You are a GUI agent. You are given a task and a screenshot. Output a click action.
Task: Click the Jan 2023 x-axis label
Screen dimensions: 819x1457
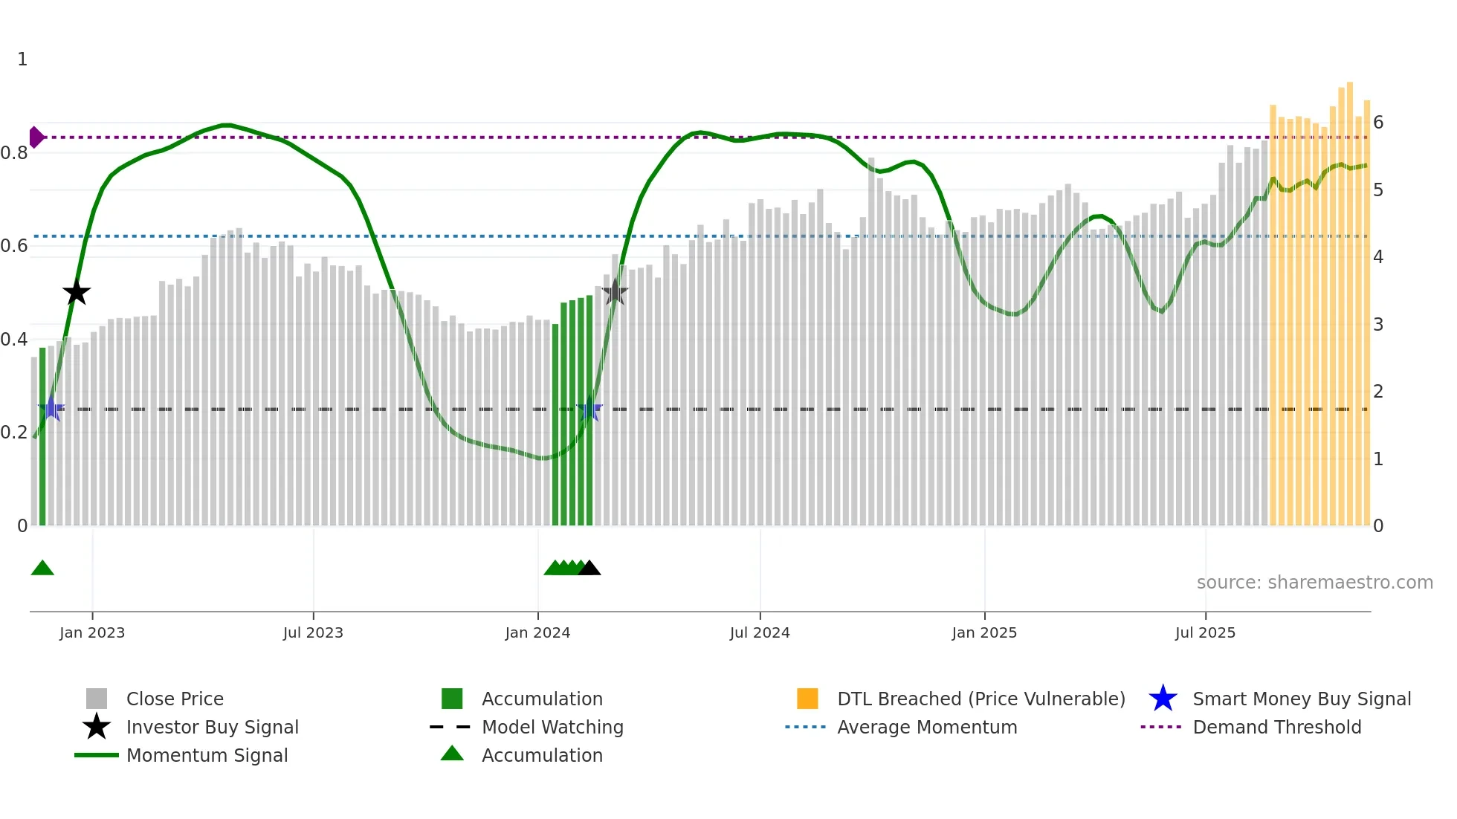click(x=92, y=633)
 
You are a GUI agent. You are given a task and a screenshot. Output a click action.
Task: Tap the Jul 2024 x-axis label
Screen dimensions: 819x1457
click(x=760, y=633)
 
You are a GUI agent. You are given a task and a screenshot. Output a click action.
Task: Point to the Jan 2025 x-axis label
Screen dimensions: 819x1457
click(x=984, y=633)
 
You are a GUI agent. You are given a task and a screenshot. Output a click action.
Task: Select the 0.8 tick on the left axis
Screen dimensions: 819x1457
click(x=14, y=153)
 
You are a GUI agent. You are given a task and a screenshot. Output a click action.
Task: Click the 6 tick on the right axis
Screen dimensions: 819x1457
click(x=1378, y=123)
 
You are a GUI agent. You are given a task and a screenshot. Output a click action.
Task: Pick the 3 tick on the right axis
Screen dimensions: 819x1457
click(x=1378, y=325)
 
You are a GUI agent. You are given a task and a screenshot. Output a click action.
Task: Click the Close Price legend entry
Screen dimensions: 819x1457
click(x=175, y=699)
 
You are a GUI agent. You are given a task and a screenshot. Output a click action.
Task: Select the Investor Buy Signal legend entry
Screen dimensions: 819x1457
click(x=212, y=728)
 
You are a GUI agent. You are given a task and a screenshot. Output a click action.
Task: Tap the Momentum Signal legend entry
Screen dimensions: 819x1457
click(x=207, y=756)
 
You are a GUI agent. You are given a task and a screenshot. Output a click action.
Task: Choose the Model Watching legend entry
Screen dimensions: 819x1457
click(x=552, y=728)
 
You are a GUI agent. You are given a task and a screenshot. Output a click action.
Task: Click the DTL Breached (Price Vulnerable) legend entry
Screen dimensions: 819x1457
click(x=981, y=699)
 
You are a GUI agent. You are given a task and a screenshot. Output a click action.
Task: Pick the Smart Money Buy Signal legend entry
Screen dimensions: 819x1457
click(x=1302, y=699)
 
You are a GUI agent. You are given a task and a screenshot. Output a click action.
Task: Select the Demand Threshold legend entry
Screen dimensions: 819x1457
click(x=1276, y=728)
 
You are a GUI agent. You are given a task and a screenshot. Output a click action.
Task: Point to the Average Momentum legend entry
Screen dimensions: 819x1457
click(x=927, y=728)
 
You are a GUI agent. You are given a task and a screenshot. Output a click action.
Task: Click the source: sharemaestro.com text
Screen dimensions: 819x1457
click(x=1314, y=583)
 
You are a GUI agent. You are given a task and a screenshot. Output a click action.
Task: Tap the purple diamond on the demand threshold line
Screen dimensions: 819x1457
click(x=36, y=137)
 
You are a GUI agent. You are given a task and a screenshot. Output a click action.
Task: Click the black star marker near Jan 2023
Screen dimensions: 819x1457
click(x=76, y=293)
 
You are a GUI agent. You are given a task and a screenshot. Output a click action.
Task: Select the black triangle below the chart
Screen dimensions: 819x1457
click(x=589, y=569)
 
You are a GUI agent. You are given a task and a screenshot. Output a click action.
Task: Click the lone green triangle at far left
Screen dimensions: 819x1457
click(x=42, y=569)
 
